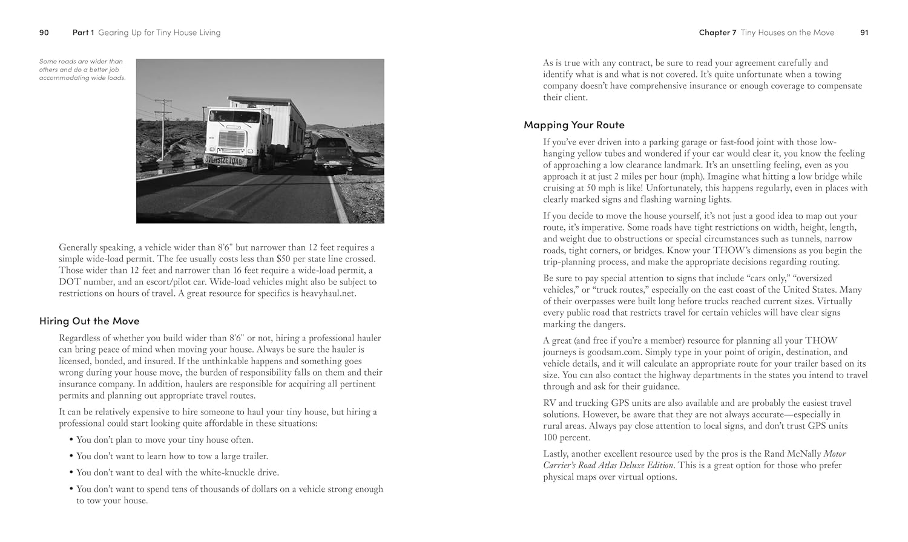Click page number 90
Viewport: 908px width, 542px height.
[44, 33]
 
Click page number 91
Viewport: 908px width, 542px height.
[864, 33]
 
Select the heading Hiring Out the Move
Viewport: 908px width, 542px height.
[89, 321]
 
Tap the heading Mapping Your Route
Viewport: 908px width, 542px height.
[574, 125]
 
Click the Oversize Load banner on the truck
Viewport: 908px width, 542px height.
[223, 161]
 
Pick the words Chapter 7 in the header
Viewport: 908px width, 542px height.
[717, 33]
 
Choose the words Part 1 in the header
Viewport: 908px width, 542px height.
[84, 33]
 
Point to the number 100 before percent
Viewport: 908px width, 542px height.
[550, 437]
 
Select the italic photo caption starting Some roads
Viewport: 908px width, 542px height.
[82, 70]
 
